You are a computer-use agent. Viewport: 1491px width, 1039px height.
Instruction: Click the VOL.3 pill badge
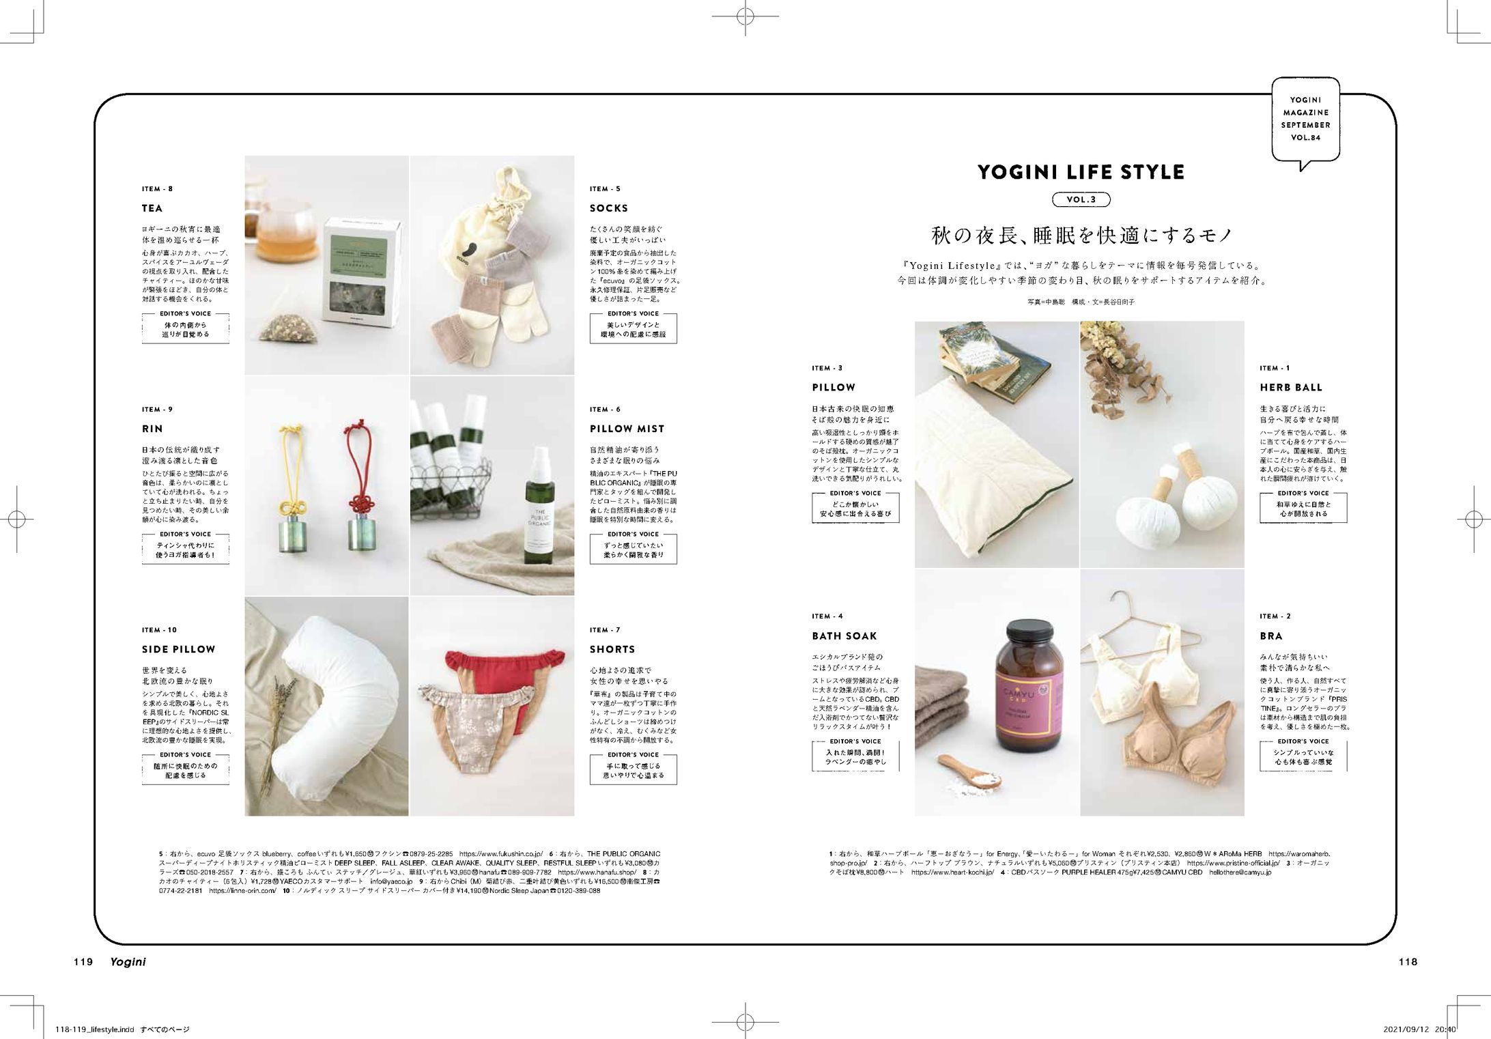1081,200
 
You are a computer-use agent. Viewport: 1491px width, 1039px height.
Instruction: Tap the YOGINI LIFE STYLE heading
1081,173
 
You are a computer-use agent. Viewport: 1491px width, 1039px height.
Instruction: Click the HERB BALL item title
1291,388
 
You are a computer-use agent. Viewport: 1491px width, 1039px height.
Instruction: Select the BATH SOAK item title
844,636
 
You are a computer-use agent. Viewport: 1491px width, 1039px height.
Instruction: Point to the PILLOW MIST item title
627,429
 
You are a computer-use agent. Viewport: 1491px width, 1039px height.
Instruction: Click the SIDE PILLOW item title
178,650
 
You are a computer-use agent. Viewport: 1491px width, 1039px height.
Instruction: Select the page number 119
83,962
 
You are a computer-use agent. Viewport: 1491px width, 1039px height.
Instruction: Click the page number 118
1408,962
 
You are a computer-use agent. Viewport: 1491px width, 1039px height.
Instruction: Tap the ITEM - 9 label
157,410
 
